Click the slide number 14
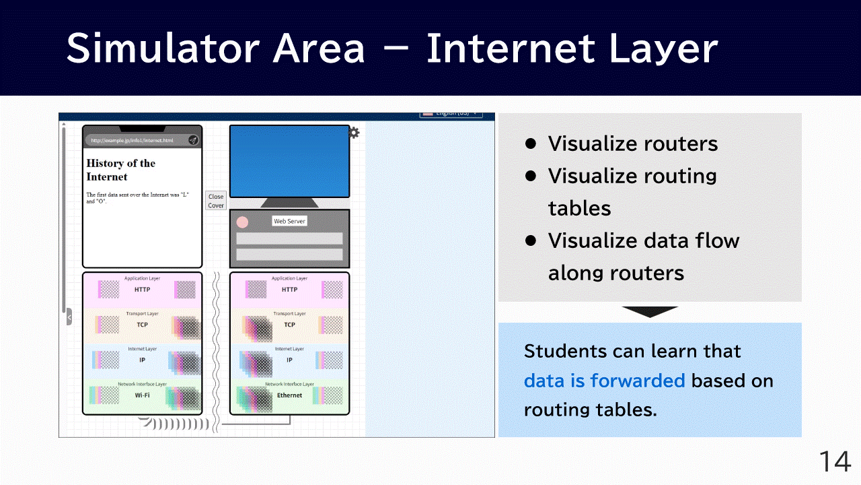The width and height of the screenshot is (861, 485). [835, 462]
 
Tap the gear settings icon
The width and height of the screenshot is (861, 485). [354, 133]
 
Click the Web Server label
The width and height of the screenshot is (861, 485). [289, 221]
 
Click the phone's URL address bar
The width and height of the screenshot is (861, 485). [135, 140]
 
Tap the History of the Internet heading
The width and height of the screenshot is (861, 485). [121, 170]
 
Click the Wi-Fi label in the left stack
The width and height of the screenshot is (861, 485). [142, 395]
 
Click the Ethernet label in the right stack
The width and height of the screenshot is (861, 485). [289, 395]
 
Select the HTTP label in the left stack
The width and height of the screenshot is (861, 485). [142, 290]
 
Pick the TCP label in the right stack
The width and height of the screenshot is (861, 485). [289, 325]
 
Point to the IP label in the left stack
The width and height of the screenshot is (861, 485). [142, 360]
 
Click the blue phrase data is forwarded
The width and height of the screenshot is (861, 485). [604, 381]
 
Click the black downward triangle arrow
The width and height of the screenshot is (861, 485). [650, 312]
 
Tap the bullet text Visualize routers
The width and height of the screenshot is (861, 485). [632, 143]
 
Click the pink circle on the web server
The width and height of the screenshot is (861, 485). [243, 222]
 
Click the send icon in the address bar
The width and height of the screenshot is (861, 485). [193, 140]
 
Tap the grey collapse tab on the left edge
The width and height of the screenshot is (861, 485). [69, 317]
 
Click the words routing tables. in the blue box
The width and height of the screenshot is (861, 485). [590, 410]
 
